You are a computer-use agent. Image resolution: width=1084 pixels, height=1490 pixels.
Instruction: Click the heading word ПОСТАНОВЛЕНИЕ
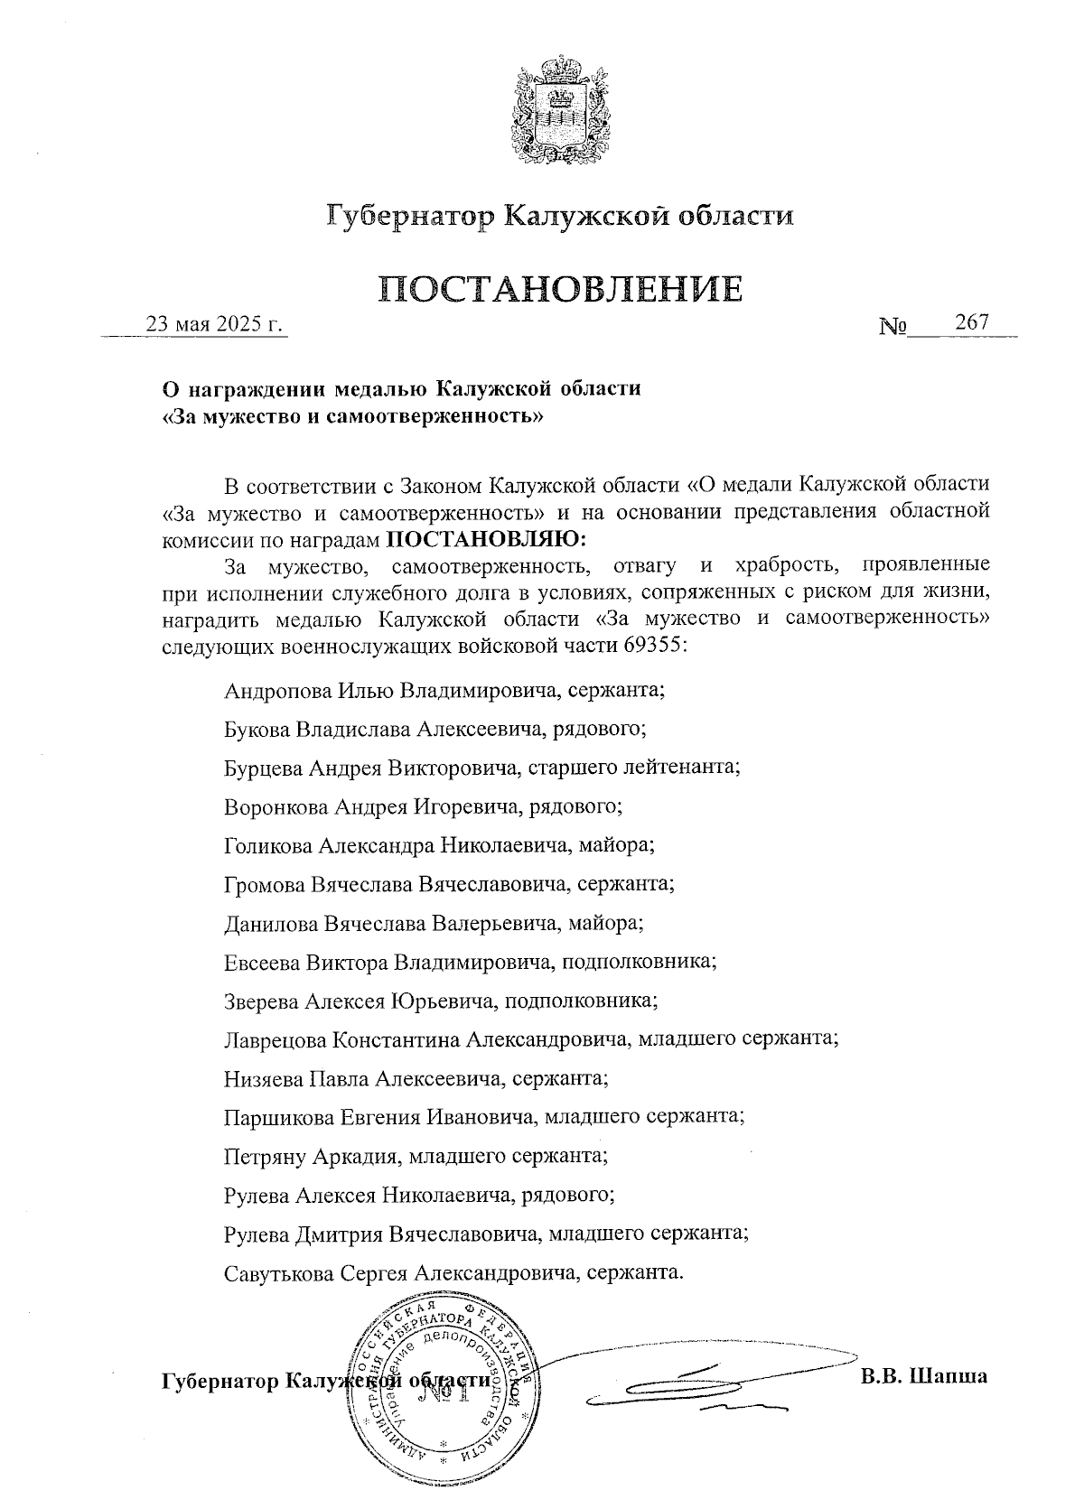[560, 289]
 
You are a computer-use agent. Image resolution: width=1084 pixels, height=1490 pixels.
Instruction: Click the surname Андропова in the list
[278, 691]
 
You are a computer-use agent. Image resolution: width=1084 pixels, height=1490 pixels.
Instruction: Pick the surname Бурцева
[264, 768]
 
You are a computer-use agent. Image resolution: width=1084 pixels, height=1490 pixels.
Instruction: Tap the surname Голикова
[267, 845]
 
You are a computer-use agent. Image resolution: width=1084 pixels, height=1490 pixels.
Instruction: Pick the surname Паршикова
[278, 1117]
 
